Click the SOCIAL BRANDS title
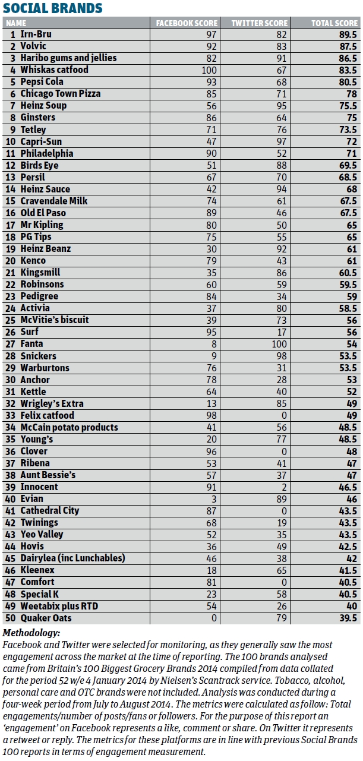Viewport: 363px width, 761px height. coord(53,8)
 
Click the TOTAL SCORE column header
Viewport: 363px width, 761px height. coord(334,23)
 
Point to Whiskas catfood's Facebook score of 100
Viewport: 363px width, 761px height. coord(200,70)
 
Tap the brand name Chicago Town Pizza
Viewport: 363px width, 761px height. coord(61,94)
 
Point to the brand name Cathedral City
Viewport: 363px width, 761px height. coord(50,510)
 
